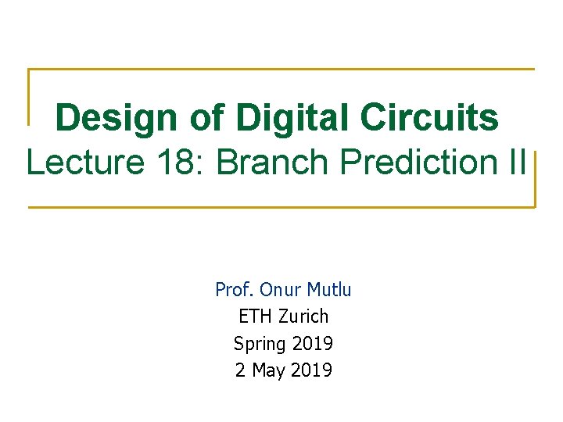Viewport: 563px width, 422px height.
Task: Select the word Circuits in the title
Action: (429, 119)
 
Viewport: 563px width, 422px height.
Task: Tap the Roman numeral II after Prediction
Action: (516, 163)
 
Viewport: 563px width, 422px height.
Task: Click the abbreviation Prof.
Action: (235, 290)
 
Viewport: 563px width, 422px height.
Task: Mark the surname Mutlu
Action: (329, 290)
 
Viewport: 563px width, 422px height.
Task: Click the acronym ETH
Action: (253, 316)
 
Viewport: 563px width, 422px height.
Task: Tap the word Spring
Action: (260, 344)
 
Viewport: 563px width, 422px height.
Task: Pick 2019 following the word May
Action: (310, 370)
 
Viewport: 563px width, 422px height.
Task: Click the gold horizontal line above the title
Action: (281, 70)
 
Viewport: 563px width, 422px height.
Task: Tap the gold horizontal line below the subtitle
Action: (281, 207)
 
